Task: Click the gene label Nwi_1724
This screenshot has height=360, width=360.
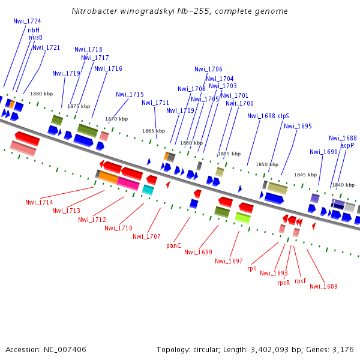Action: pyautogui.click(x=27, y=21)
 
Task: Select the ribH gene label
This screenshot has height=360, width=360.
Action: pyautogui.click(x=34, y=29)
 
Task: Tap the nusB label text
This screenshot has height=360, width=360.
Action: pyautogui.click(x=36, y=37)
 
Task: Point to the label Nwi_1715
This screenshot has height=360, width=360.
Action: pyautogui.click(x=130, y=94)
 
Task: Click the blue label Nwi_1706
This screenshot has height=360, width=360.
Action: pyautogui.click(x=208, y=69)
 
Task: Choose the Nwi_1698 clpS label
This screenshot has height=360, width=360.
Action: pyautogui.click(x=268, y=116)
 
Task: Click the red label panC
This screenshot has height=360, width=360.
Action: pyautogui.click(x=173, y=245)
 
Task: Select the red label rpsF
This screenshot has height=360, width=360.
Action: pyautogui.click(x=301, y=281)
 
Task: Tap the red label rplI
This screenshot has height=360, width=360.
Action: pyautogui.click(x=252, y=268)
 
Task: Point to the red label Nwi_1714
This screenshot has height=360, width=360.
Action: pyautogui.click(x=39, y=202)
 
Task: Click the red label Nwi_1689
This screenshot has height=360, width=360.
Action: pyautogui.click(x=323, y=286)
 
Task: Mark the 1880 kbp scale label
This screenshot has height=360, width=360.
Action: pyautogui.click(x=41, y=94)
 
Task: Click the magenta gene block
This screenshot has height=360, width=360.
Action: pyautogui.click(x=128, y=184)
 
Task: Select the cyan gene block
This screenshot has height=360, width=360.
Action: pyautogui.click(x=148, y=190)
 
